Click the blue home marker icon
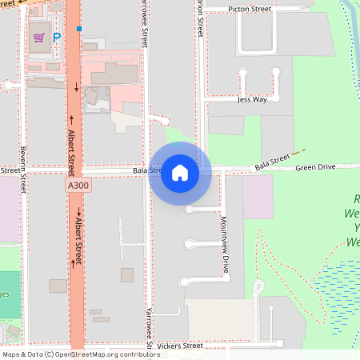coord(180,173)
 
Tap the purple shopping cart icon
coord(38,37)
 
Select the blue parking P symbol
coord(57,37)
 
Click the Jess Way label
coord(251,100)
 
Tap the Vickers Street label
coord(180,346)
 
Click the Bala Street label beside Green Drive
coord(272,163)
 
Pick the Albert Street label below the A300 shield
coord(78,238)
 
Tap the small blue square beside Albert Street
coord(79,29)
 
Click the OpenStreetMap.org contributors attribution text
coord(104,354)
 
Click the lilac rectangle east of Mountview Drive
coord(258,197)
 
